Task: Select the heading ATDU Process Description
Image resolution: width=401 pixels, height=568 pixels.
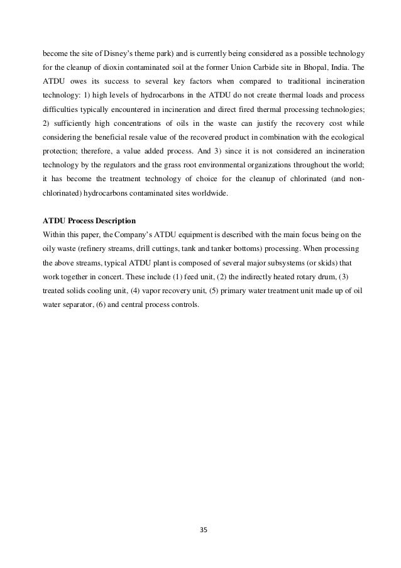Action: (89, 221)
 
